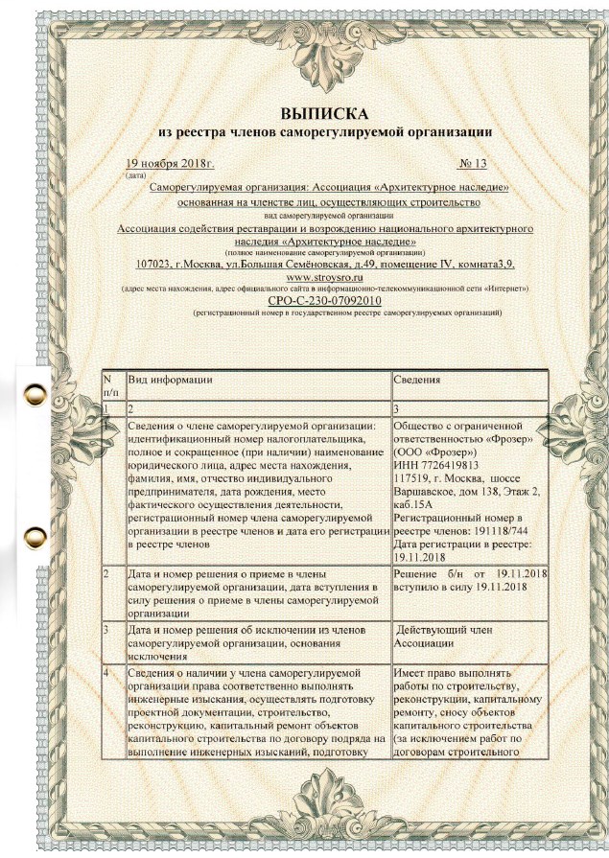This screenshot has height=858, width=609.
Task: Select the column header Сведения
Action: pos(417,380)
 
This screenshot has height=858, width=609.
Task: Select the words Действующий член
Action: pos(449,630)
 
